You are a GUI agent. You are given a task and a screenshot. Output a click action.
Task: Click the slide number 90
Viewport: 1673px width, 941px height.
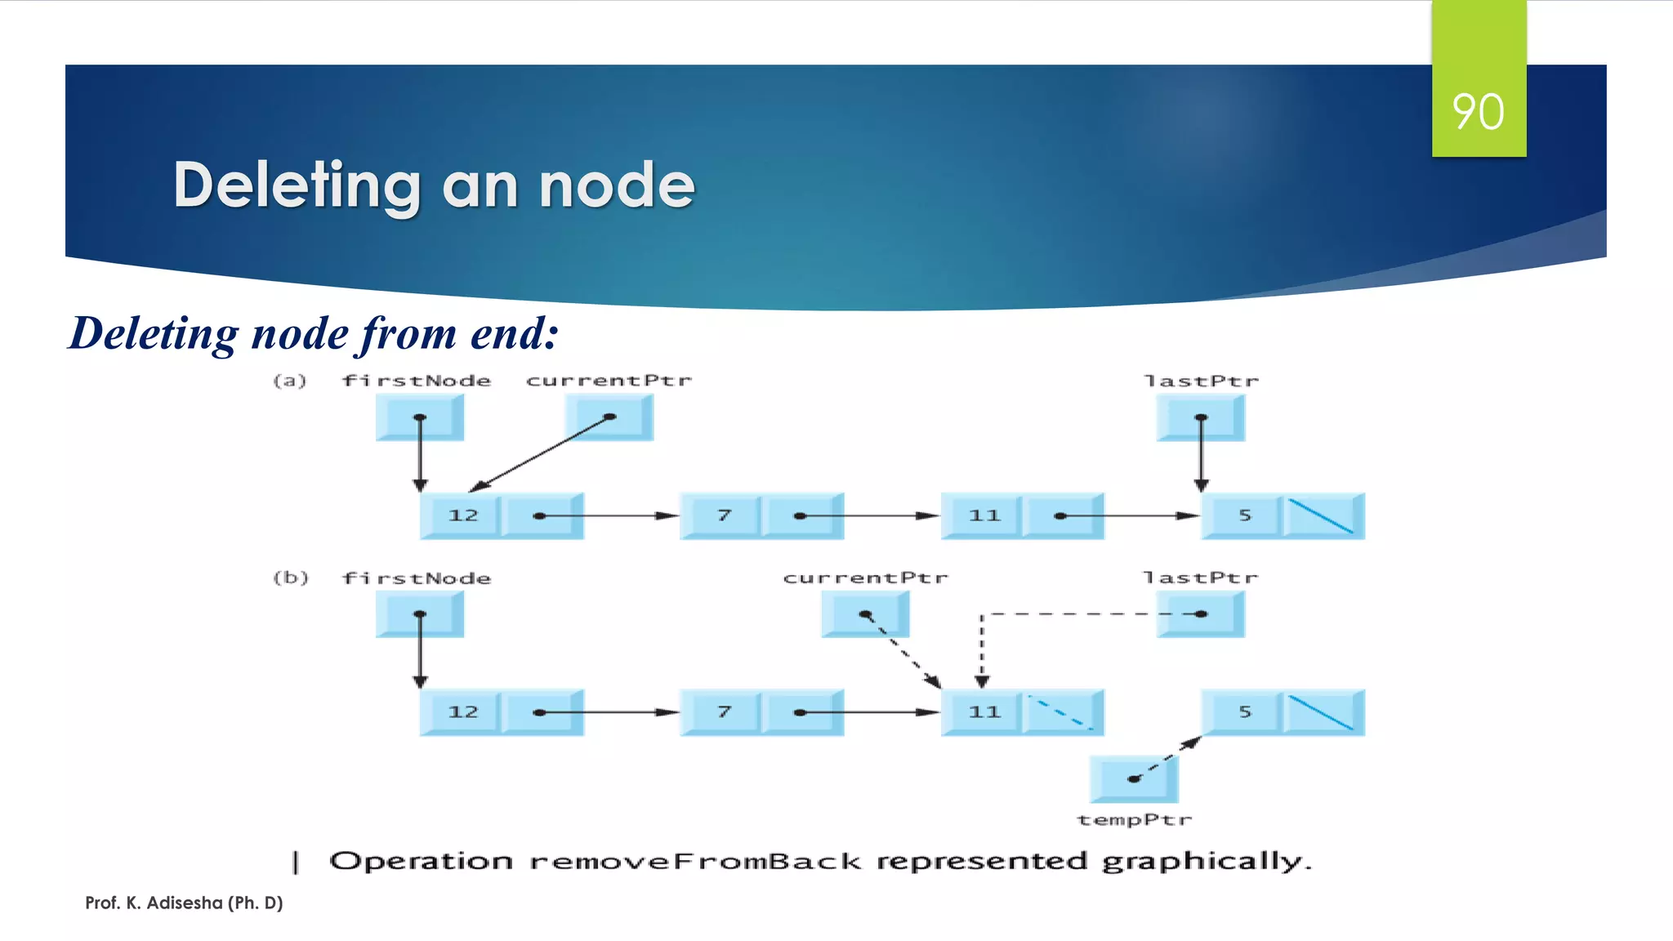pyautogui.click(x=1478, y=112)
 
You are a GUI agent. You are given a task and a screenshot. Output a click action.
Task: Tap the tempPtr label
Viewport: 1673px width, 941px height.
pyautogui.click(x=1134, y=820)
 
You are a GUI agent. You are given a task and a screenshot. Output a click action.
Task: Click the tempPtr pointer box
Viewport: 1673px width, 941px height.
pyautogui.click(x=1134, y=779)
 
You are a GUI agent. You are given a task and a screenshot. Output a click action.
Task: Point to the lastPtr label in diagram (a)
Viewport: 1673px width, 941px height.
pyautogui.click(x=1200, y=381)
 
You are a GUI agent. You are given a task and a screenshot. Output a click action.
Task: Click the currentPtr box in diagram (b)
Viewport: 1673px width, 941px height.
pyautogui.click(x=865, y=614)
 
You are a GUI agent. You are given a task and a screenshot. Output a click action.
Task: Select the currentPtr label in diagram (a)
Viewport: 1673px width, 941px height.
pyautogui.click(x=608, y=381)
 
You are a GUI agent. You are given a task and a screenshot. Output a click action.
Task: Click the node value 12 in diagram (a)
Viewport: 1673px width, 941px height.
pyautogui.click(x=462, y=515)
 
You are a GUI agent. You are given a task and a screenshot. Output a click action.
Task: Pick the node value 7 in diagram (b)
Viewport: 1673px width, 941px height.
pyautogui.click(x=723, y=712)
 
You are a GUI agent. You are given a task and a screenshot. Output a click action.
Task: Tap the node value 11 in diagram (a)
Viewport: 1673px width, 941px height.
pyautogui.click(x=984, y=515)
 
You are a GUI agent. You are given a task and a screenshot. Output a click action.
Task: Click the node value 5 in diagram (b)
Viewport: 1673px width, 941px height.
pyautogui.click(x=1244, y=712)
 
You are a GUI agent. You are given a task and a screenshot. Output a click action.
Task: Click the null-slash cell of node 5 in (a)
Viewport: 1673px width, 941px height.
pyautogui.click(x=1321, y=516)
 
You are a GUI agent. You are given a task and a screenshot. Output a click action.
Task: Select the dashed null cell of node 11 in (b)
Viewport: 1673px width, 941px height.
pyautogui.click(x=1060, y=712)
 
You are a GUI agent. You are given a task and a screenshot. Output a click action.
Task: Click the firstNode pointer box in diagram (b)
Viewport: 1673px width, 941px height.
pyautogui.click(x=420, y=614)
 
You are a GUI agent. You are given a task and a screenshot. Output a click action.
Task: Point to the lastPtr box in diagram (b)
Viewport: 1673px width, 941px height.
pyautogui.click(x=1200, y=614)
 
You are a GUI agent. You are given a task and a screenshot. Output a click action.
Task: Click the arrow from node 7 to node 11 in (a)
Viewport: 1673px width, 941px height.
pyautogui.click(x=874, y=516)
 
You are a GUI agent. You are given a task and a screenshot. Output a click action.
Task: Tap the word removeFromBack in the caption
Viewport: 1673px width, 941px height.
pyautogui.click(x=695, y=862)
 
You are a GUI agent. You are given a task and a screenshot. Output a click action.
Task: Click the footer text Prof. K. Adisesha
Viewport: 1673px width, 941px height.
pyautogui.click(x=184, y=903)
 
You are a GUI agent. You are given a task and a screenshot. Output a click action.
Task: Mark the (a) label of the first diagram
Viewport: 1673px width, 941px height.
pyautogui.click(x=289, y=381)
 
